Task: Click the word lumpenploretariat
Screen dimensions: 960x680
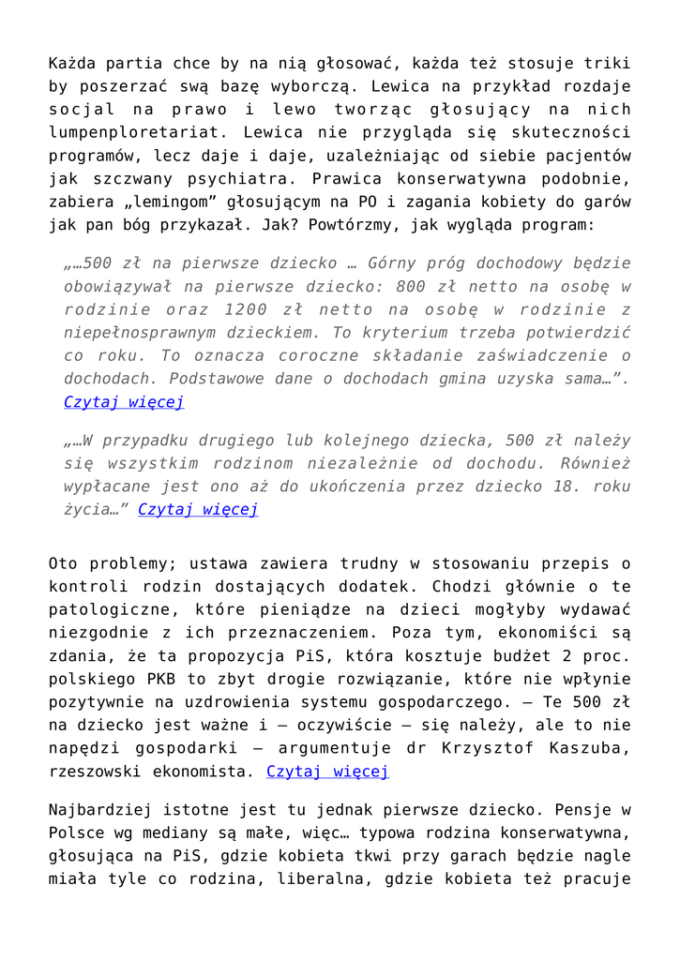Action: [136, 133]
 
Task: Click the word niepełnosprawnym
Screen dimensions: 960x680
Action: [142, 332]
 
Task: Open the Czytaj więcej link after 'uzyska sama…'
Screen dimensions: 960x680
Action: [124, 402]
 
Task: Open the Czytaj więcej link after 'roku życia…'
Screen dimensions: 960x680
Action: [198, 510]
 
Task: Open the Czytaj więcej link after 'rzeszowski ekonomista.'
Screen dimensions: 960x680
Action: [327, 772]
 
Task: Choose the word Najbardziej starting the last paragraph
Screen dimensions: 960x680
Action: [100, 809]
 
